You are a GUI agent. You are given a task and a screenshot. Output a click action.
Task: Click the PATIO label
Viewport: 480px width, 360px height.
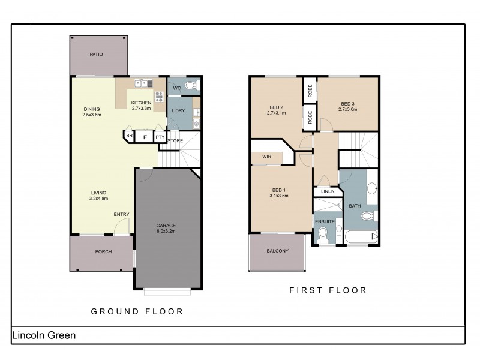coord(97,55)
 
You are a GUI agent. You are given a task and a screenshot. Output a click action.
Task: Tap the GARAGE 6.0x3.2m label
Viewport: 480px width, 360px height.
coord(166,229)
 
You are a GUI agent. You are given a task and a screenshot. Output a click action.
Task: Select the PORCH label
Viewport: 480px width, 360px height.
coord(104,252)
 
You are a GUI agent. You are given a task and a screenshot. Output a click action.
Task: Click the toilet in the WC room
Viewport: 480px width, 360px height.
coord(190,86)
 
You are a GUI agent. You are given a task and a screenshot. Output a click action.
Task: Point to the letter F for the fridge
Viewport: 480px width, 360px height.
coord(144,137)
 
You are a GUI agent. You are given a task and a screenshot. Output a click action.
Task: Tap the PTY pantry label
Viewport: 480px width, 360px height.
coord(160,137)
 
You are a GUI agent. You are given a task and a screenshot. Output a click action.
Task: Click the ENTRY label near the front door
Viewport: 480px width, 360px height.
coord(121,214)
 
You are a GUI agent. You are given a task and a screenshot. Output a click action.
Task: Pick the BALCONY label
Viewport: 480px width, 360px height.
coord(277,251)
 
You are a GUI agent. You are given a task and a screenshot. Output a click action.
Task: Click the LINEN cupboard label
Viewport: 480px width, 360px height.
coord(327,191)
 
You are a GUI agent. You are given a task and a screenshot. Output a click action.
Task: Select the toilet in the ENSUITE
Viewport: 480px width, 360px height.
coord(323,233)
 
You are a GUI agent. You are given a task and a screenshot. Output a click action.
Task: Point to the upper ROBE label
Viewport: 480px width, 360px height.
coord(310,90)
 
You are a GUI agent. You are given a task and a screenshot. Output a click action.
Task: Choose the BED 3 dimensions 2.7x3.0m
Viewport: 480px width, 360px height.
coord(348,110)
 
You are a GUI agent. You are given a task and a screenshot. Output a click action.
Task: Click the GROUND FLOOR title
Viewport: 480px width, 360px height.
coord(136,311)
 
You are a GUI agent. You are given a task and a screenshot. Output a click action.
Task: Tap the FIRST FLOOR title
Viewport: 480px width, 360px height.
coord(328,290)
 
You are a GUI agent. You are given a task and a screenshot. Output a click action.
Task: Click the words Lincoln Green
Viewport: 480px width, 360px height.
coord(44,335)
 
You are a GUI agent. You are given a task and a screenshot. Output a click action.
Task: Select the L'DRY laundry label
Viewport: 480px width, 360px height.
coord(178,111)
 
